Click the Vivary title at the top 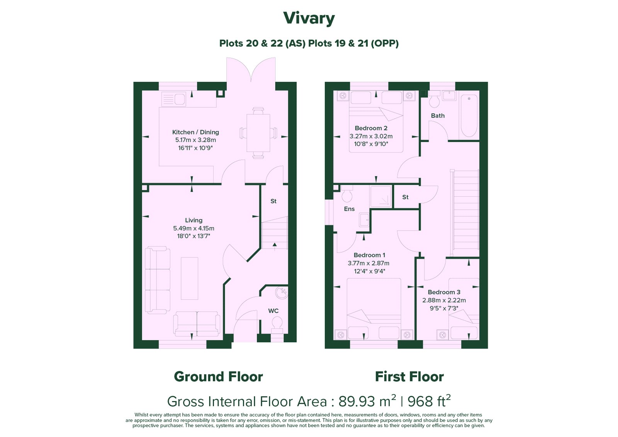309,19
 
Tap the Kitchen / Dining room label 195,132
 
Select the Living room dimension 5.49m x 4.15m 194,228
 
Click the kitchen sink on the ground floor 173,99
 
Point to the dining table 258,133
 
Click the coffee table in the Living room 190,278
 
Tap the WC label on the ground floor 273,311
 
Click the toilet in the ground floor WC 277,325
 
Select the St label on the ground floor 273,201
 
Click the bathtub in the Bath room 469,116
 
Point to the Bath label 438,116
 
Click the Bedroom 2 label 371,128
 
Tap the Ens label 349,209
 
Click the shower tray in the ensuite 381,196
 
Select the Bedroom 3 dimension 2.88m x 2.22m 444,300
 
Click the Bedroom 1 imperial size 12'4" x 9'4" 370,271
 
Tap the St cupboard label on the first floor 405,197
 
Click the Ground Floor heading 219,377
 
